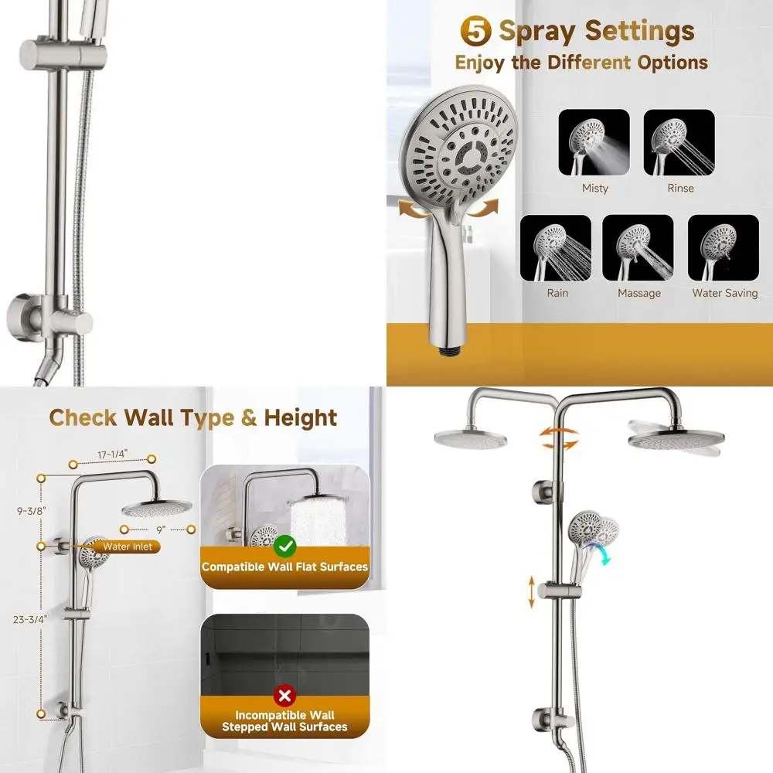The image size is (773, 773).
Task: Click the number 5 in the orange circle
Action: (x=476, y=32)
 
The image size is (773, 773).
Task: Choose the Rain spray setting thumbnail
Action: (x=557, y=248)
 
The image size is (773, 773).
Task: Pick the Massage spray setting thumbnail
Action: (x=638, y=248)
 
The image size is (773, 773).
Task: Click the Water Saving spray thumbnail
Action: (x=724, y=248)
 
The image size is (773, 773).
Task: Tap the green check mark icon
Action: (x=285, y=547)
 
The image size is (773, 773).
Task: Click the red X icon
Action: (x=284, y=696)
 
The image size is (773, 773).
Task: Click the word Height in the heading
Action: (x=301, y=418)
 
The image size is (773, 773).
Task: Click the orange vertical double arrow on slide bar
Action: (x=531, y=591)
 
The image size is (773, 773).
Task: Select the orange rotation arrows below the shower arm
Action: (x=558, y=439)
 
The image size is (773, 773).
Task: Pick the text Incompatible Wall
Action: (x=284, y=715)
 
